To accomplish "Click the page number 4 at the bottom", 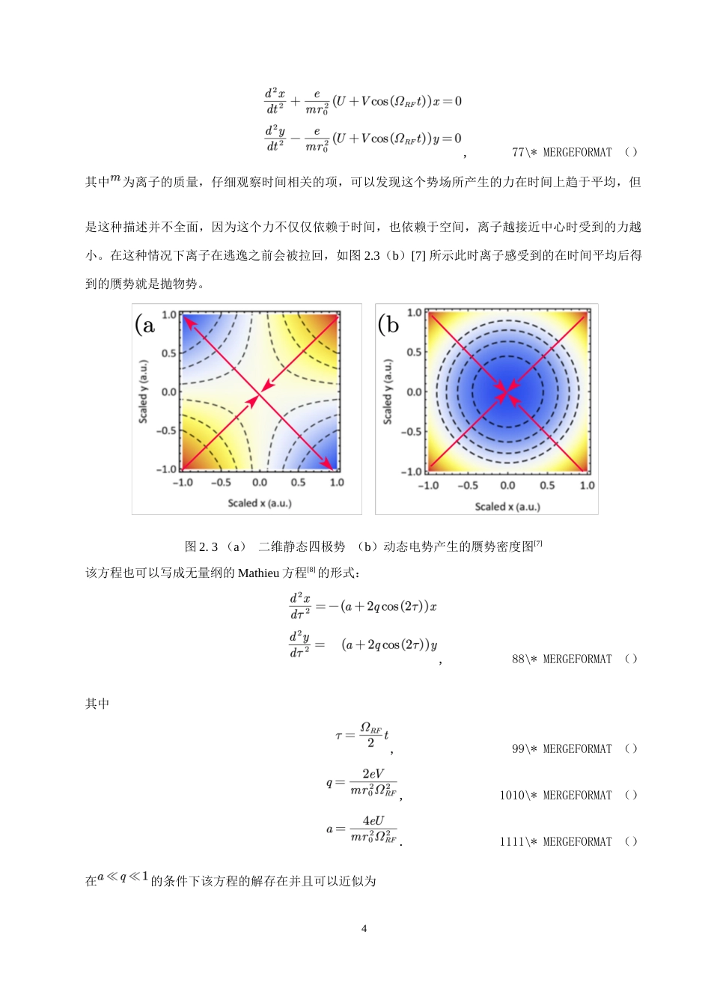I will coord(364,929).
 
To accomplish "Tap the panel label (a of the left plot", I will coord(145,324).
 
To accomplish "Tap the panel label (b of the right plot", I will coord(388,324).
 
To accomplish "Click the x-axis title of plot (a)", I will coord(260,503).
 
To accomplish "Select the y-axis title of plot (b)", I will coord(388,391).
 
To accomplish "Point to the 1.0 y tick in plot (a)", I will coord(169,315).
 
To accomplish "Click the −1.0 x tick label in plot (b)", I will coord(427,486).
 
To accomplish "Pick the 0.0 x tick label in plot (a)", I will coord(260,483).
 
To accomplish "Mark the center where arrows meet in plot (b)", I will coord(507,391).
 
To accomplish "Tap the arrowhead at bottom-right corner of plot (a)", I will coord(328,465).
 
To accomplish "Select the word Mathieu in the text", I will coord(258,573).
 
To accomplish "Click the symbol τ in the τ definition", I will coord(339,736).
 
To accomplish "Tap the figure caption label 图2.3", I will coord(201,547).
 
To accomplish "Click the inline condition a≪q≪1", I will coord(123,877).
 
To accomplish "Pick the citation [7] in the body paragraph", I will coord(418,256).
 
